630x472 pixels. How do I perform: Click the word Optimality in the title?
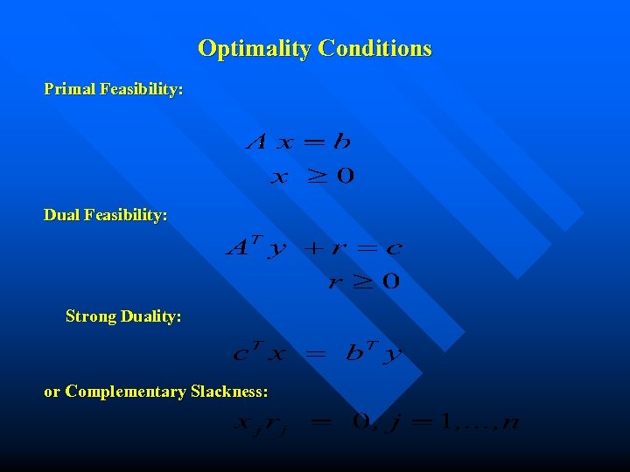pyautogui.click(x=255, y=48)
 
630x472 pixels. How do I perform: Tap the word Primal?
pyautogui.click(x=70, y=89)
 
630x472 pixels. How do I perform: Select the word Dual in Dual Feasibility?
pyautogui.click(x=61, y=214)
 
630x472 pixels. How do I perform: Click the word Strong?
pyautogui.click(x=91, y=316)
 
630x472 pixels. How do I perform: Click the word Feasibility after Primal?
pyautogui.click(x=142, y=89)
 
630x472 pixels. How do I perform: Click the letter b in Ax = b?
pyautogui.click(x=341, y=141)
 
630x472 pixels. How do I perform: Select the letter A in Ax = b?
pyautogui.click(x=257, y=141)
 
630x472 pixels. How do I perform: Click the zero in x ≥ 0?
pyautogui.click(x=345, y=177)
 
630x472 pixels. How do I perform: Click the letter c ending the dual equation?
pyautogui.click(x=394, y=248)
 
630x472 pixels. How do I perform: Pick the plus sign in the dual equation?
pyautogui.click(x=311, y=248)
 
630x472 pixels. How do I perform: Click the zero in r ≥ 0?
pyautogui.click(x=390, y=281)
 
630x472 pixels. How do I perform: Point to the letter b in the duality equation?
pyautogui.click(x=354, y=352)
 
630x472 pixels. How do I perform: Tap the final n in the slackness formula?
pyautogui.click(x=511, y=424)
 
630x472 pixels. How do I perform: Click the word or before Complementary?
pyautogui.click(x=52, y=392)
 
